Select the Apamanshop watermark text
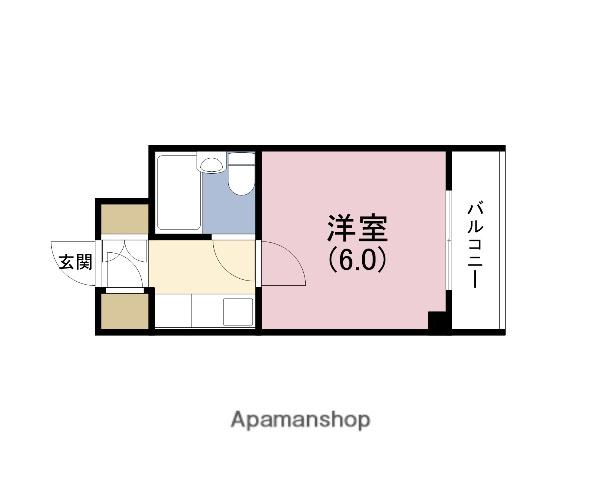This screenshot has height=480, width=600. pyautogui.click(x=301, y=420)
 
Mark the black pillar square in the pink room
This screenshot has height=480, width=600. pyautogui.click(x=436, y=321)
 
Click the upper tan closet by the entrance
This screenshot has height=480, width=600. pyautogui.click(x=124, y=219)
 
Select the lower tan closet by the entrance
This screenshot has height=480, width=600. pyautogui.click(x=124, y=312)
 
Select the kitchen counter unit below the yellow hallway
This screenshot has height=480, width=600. pyautogui.click(x=205, y=312)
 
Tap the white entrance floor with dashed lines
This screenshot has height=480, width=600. pyautogui.click(x=126, y=264)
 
